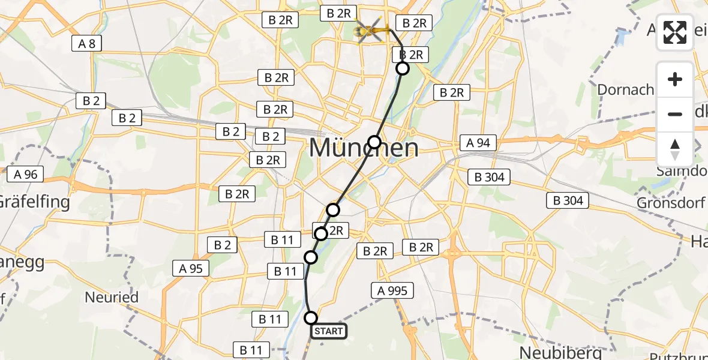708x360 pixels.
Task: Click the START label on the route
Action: [x=328, y=331]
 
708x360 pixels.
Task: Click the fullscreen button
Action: [x=675, y=32]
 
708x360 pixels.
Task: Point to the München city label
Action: [x=364, y=148]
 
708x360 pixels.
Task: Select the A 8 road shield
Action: [x=87, y=43]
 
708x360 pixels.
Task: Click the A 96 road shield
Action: [x=25, y=175]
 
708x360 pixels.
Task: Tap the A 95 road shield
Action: [x=191, y=268]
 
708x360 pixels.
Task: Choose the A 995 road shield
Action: [x=392, y=291]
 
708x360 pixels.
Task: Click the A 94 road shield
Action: [x=478, y=142]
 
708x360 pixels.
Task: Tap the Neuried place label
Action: [x=112, y=297]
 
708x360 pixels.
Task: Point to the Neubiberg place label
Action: [x=551, y=352]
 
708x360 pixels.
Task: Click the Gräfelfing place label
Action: [x=35, y=202]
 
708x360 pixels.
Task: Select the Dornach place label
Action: [x=625, y=90]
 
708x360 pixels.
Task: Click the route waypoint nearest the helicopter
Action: [x=403, y=68]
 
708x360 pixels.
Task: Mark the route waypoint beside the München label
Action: [x=374, y=142]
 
